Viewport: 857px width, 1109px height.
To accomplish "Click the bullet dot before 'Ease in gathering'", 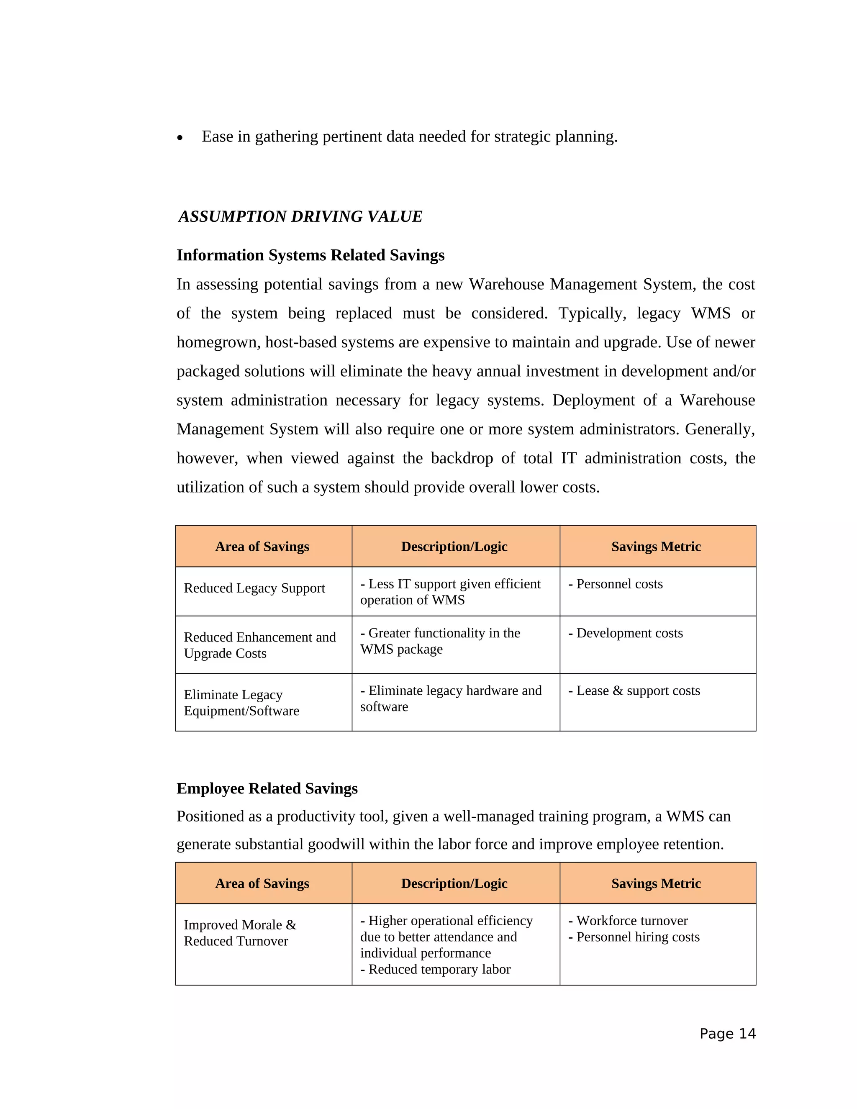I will pyautogui.click(x=180, y=138).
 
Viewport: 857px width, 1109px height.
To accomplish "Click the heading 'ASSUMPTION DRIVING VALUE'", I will pyautogui.click(x=300, y=216).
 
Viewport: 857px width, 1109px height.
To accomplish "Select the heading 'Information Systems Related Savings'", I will pyautogui.click(x=310, y=255).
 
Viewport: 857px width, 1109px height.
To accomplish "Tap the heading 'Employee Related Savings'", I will pyautogui.click(x=267, y=788).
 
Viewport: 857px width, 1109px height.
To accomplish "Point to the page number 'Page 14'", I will pyautogui.click(x=727, y=1033).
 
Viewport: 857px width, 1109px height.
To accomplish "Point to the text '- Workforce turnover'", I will pyautogui.click(x=628, y=921).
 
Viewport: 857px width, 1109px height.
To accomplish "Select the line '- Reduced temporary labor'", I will pyautogui.click(x=435, y=969).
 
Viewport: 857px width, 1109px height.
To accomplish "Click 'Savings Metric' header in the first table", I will pyautogui.click(x=656, y=547).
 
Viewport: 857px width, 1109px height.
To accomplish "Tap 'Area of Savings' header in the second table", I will pyautogui.click(x=262, y=883).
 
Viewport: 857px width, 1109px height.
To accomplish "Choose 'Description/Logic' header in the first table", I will pyautogui.click(x=454, y=547).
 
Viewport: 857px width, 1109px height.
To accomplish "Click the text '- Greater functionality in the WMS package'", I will pyautogui.click(x=440, y=641).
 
